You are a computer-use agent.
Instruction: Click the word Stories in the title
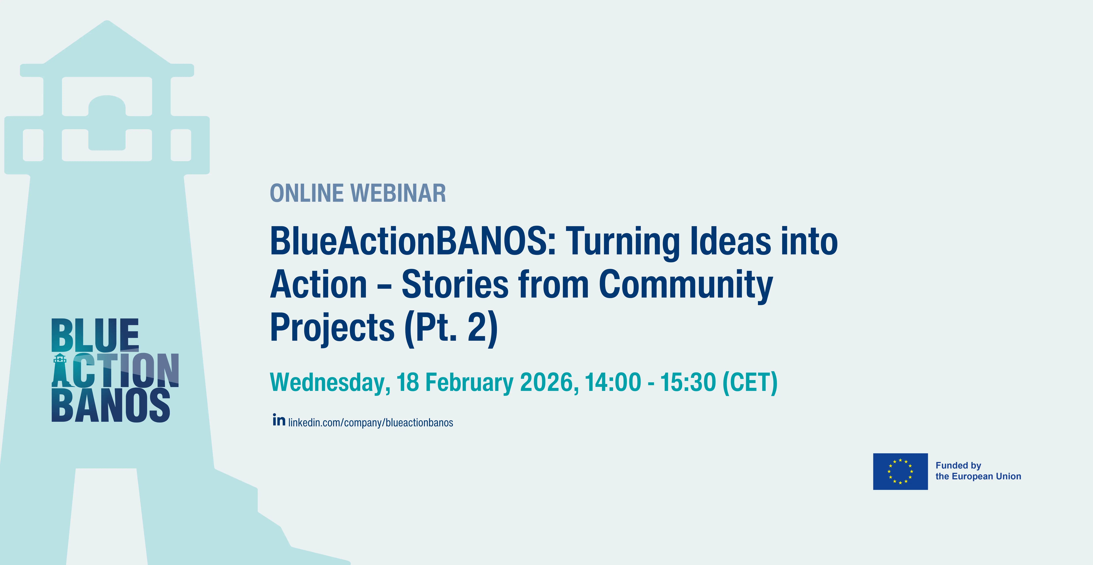[455, 285]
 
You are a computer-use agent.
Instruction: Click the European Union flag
[900, 471]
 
